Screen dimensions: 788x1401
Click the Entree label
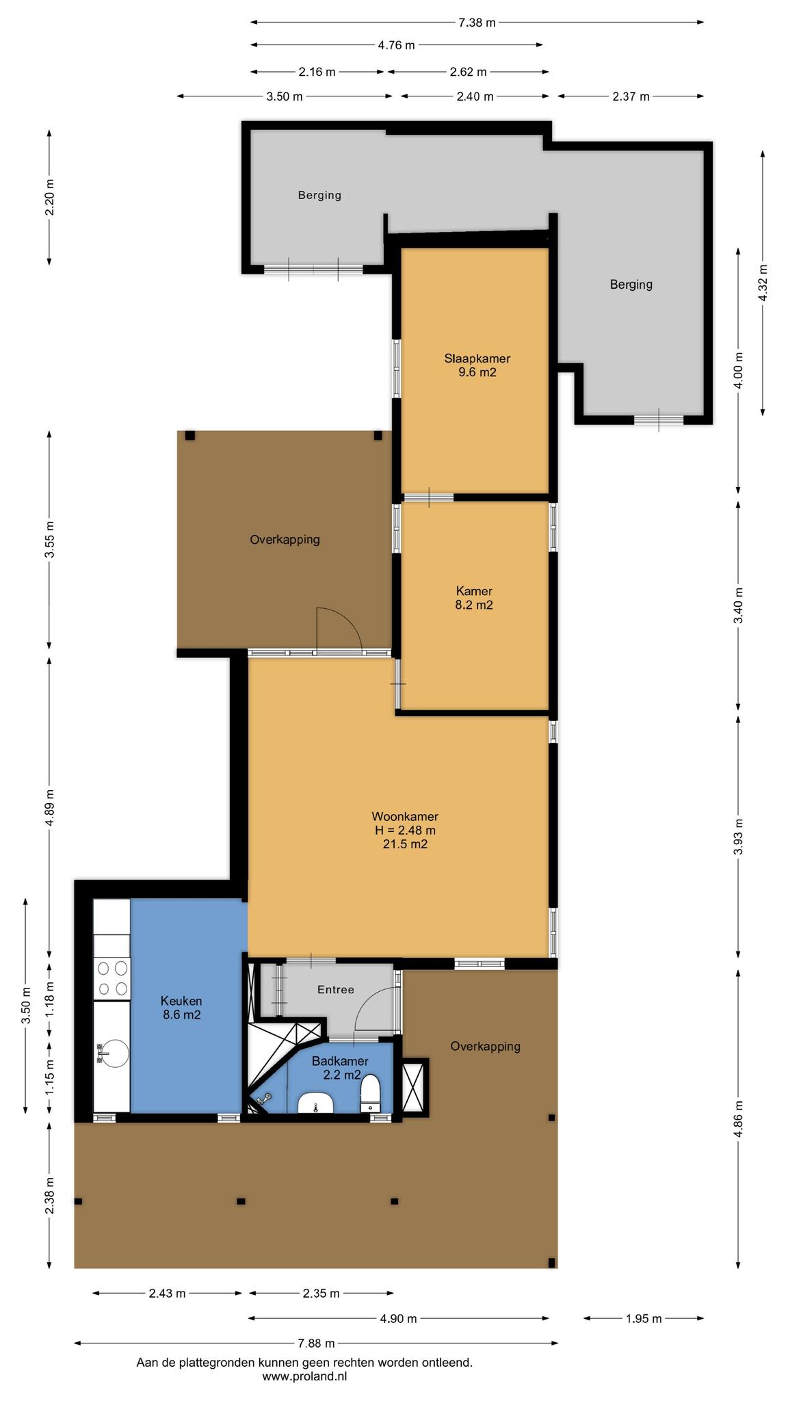click(336, 990)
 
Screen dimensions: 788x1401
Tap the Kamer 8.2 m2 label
click(474, 598)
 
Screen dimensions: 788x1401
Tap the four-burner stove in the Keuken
click(112, 978)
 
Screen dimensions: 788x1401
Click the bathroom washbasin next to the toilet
click(315, 1102)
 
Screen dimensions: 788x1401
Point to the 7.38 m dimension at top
click(477, 23)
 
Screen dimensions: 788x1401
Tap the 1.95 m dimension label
click(644, 1318)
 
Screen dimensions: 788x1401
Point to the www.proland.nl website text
click(304, 1376)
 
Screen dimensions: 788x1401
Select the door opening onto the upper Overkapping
click(339, 629)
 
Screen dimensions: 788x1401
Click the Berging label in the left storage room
click(319, 195)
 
